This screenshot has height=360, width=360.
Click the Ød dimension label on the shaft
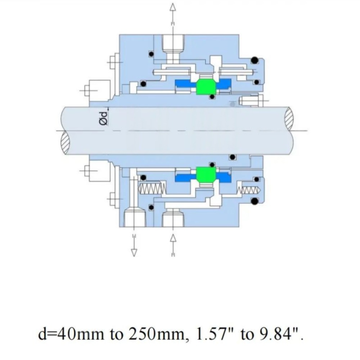[104, 118]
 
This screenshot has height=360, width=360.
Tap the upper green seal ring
[206, 86]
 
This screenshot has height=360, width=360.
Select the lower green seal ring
[206, 175]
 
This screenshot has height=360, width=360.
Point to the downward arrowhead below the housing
[134, 253]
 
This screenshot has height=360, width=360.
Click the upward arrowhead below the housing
[173, 238]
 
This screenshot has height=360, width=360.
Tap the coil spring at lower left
[152, 189]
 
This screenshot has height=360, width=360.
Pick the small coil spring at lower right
[249, 190]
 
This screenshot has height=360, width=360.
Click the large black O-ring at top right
[255, 60]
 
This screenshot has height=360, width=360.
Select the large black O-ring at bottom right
[255, 201]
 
